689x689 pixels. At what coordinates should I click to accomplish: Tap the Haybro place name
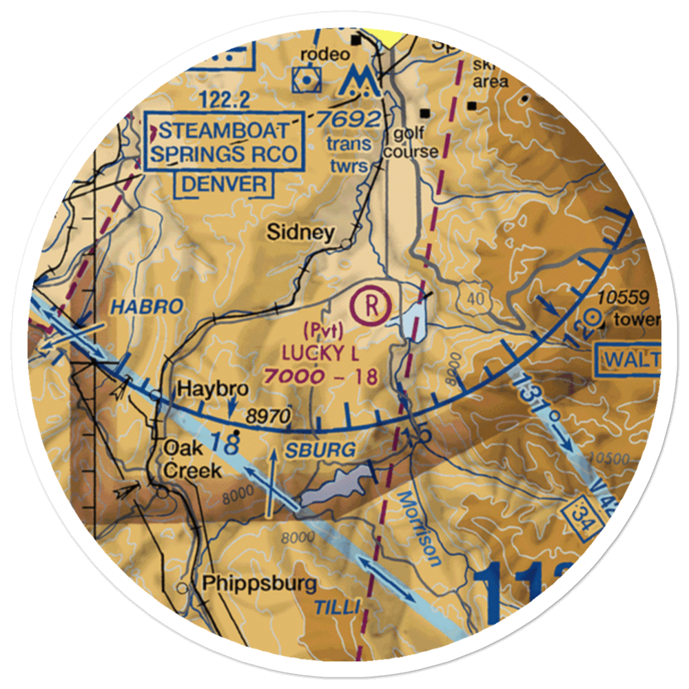point(203,389)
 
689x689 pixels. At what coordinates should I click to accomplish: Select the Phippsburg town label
point(260,584)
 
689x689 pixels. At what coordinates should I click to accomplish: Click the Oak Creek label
point(192,460)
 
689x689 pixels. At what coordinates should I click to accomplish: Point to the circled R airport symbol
point(370,303)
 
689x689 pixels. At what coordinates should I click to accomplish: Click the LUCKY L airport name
point(320,353)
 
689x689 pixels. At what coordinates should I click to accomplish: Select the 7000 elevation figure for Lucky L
point(294,376)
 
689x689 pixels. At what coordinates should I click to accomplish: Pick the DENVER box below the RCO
point(224,184)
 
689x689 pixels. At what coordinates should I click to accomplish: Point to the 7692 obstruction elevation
point(349,119)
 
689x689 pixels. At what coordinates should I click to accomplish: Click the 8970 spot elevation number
point(271,415)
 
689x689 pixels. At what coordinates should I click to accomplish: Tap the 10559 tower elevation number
point(623,298)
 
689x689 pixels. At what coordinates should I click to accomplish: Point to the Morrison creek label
point(420,527)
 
